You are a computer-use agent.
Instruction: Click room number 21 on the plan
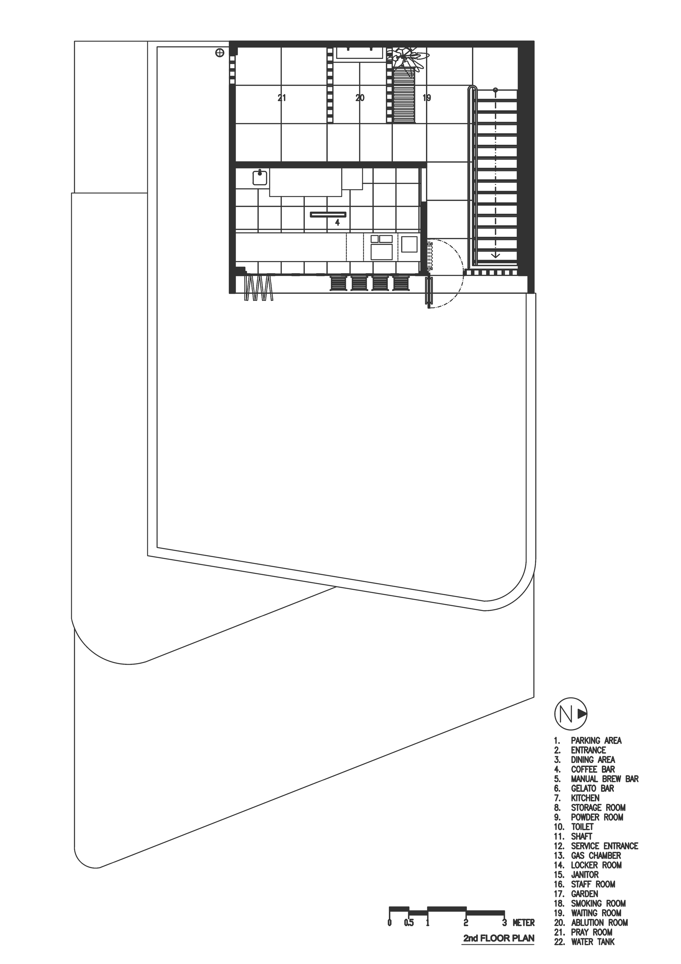tap(282, 98)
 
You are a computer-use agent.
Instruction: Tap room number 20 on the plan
tap(360, 98)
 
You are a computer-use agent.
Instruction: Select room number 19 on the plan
tap(427, 98)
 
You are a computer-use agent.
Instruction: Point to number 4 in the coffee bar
tap(337, 223)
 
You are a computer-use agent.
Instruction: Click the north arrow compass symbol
tap(571, 713)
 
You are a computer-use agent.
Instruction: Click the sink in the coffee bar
tap(260, 178)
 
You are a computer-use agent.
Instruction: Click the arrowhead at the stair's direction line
tap(495, 255)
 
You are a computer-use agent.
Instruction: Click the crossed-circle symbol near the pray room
tap(219, 52)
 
